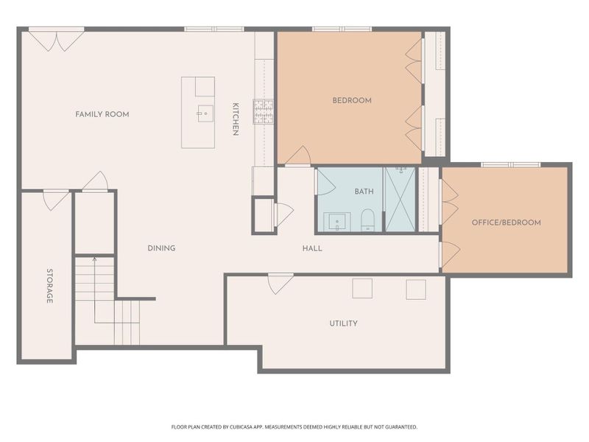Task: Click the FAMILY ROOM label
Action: pyautogui.click(x=102, y=114)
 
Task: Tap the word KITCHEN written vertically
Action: pyautogui.click(x=236, y=119)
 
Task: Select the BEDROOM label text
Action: pyautogui.click(x=351, y=100)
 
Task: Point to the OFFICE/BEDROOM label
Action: pyautogui.click(x=506, y=222)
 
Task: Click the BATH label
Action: pyautogui.click(x=364, y=192)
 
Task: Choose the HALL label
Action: pyautogui.click(x=312, y=248)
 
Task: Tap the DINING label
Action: pyautogui.click(x=161, y=248)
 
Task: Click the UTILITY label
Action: pyautogui.click(x=343, y=323)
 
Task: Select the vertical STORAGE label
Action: pyautogui.click(x=49, y=287)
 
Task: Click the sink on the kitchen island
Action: pyautogui.click(x=205, y=113)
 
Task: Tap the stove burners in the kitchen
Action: pyautogui.click(x=264, y=111)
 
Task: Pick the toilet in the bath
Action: pyautogui.click(x=368, y=220)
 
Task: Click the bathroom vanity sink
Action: pyautogui.click(x=338, y=221)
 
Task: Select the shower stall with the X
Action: pyautogui.click(x=400, y=199)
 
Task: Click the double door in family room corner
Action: pyautogui.click(x=57, y=40)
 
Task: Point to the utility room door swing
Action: pyautogui.click(x=280, y=282)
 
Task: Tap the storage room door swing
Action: pyautogui.click(x=56, y=199)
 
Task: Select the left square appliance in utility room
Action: pyautogui.click(x=361, y=289)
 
